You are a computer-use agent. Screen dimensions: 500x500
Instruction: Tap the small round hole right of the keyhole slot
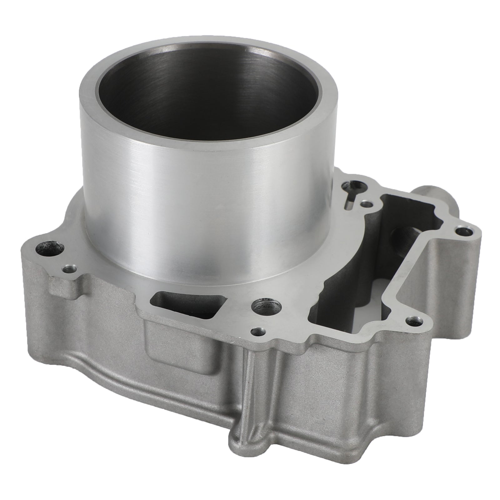366,205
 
